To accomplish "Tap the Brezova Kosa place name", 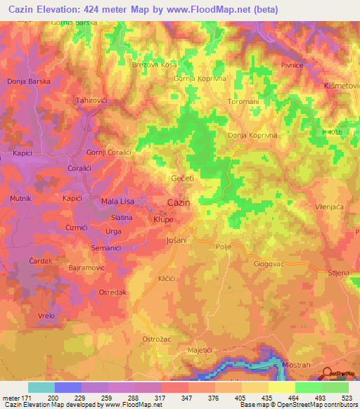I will coord(154,65).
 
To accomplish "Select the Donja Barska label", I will coord(28,82).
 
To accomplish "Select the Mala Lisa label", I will coord(119,202).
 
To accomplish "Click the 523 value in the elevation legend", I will coord(345,398).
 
